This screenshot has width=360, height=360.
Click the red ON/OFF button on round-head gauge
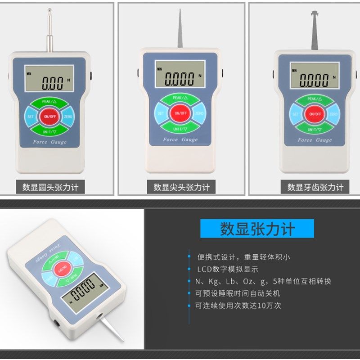[x=47, y=117]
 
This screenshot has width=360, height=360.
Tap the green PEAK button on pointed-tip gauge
[x=180, y=98]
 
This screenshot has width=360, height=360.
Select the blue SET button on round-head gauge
[x=31, y=117]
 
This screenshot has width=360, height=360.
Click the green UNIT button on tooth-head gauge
[x=314, y=130]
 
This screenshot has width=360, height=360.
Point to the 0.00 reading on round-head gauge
[x=53, y=83]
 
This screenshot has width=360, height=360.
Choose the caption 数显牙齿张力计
[x=315, y=187]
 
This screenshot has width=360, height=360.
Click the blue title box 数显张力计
[x=257, y=229]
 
